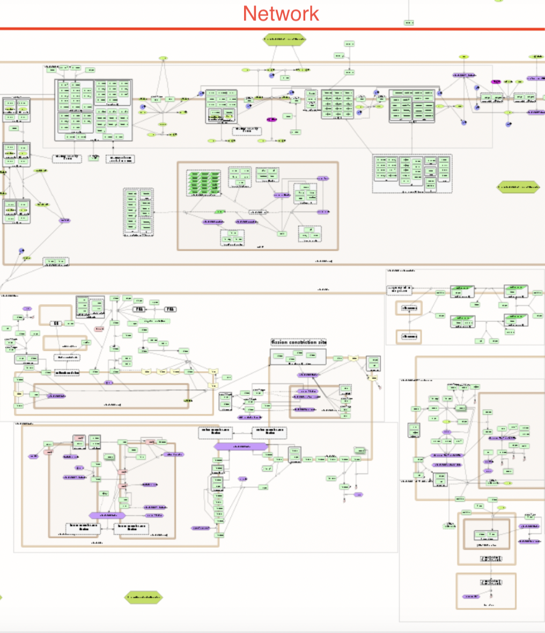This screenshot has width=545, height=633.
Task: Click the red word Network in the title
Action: click(281, 13)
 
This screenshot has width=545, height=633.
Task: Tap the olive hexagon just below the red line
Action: click(284, 39)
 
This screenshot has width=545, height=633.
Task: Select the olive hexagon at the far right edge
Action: click(519, 187)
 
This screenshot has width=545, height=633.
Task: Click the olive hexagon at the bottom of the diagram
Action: click(143, 597)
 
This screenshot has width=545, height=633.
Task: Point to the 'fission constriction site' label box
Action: click(299, 342)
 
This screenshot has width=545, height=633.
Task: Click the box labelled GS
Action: click(56, 323)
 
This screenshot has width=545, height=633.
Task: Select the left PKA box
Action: click(139, 310)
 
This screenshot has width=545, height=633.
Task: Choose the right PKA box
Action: click(170, 310)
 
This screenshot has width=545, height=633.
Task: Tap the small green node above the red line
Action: click(409, 23)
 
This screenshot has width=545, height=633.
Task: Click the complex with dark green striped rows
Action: click(204, 183)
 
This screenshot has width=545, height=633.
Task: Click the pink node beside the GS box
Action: click(99, 329)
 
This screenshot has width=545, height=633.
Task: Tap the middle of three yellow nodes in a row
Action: click(160, 371)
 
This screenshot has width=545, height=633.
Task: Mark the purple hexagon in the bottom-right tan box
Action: click(470, 597)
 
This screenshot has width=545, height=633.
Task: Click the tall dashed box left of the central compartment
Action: click(138, 212)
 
